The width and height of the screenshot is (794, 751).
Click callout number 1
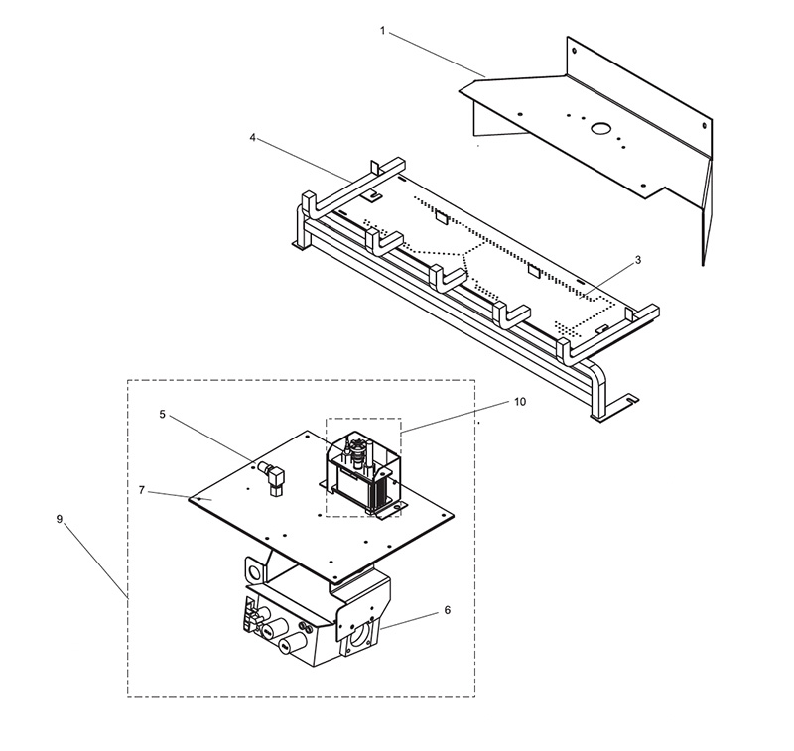[x=383, y=31]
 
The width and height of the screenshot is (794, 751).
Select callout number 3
[x=638, y=260]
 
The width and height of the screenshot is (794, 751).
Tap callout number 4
[x=253, y=138]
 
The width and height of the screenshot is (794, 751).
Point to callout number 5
[x=162, y=414]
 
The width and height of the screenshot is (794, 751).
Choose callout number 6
[x=448, y=610]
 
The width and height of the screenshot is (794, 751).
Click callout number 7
[x=142, y=490]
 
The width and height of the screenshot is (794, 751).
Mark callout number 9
[x=60, y=519]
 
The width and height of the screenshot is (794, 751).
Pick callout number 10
[x=520, y=402]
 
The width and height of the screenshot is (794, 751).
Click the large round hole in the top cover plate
[x=600, y=129]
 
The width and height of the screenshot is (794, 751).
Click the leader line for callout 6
[x=410, y=621]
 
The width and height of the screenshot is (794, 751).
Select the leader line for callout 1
[x=437, y=55]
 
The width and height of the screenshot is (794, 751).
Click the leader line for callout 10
[x=455, y=418]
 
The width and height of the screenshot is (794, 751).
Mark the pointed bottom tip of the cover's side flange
[x=703, y=264]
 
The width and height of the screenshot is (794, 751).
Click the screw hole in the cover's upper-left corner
[x=574, y=51]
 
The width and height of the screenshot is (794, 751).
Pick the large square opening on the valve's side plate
[x=359, y=636]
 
